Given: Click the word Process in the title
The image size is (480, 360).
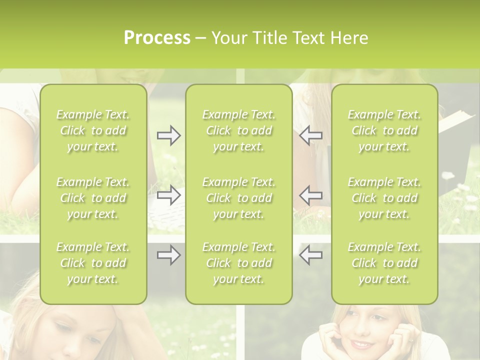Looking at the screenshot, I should tap(157, 38).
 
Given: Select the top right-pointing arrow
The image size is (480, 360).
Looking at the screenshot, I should tap(168, 135).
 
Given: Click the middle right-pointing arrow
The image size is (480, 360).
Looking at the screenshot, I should tap(168, 195).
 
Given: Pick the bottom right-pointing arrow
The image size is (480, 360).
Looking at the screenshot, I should tap(168, 255).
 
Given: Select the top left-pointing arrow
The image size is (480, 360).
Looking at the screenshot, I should tap(311, 135).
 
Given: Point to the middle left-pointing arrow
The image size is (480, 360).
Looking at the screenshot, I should tap(311, 195).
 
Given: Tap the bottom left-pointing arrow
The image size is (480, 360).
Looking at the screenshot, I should tap(311, 255).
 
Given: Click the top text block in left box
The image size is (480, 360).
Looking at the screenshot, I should tap(93, 130).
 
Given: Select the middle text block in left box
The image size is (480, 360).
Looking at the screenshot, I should tap(93, 198).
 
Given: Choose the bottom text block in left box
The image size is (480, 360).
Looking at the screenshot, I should tap(93, 263).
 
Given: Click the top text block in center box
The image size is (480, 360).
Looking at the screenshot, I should tap(239, 130).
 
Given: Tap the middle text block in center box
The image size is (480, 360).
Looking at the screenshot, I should tap(239, 198).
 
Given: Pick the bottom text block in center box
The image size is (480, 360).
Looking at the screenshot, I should tap(239, 263).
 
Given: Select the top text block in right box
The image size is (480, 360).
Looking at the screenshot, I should tap(384, 130).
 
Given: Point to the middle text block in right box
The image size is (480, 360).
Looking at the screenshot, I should tap(384, 198).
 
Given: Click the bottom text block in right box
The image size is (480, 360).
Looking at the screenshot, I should tap(384, 263).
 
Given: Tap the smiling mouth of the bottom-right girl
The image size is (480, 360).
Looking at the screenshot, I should tap(360, 344).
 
